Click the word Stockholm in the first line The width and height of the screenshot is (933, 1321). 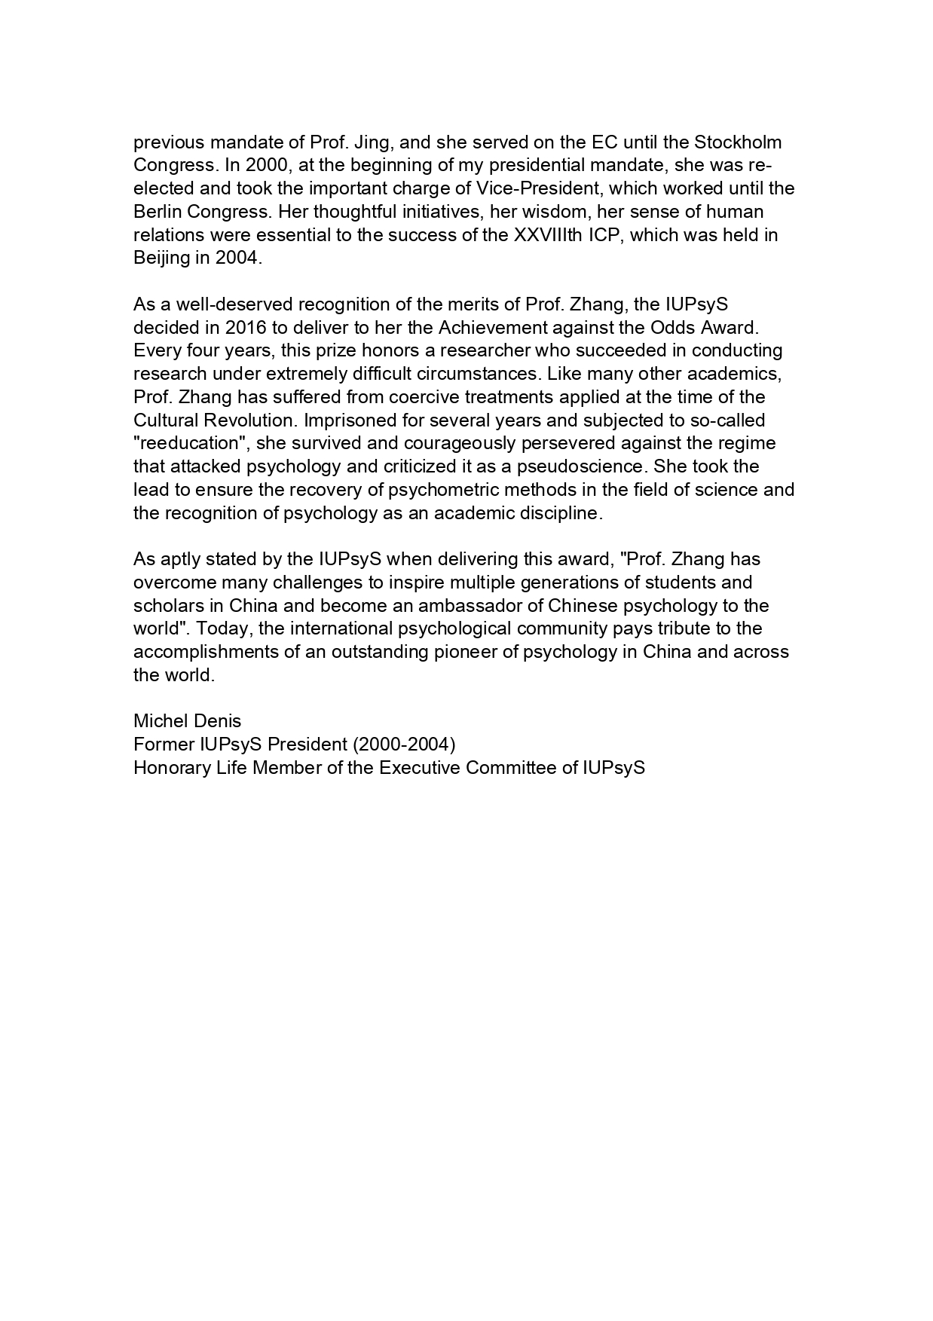tap(737, 142)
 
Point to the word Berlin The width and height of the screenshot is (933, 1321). tap(158, 212)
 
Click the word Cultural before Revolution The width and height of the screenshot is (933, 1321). tap(164, 420)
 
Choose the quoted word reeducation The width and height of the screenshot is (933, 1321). tap(191, 444)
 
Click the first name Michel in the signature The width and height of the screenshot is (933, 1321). tap(158, 722)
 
